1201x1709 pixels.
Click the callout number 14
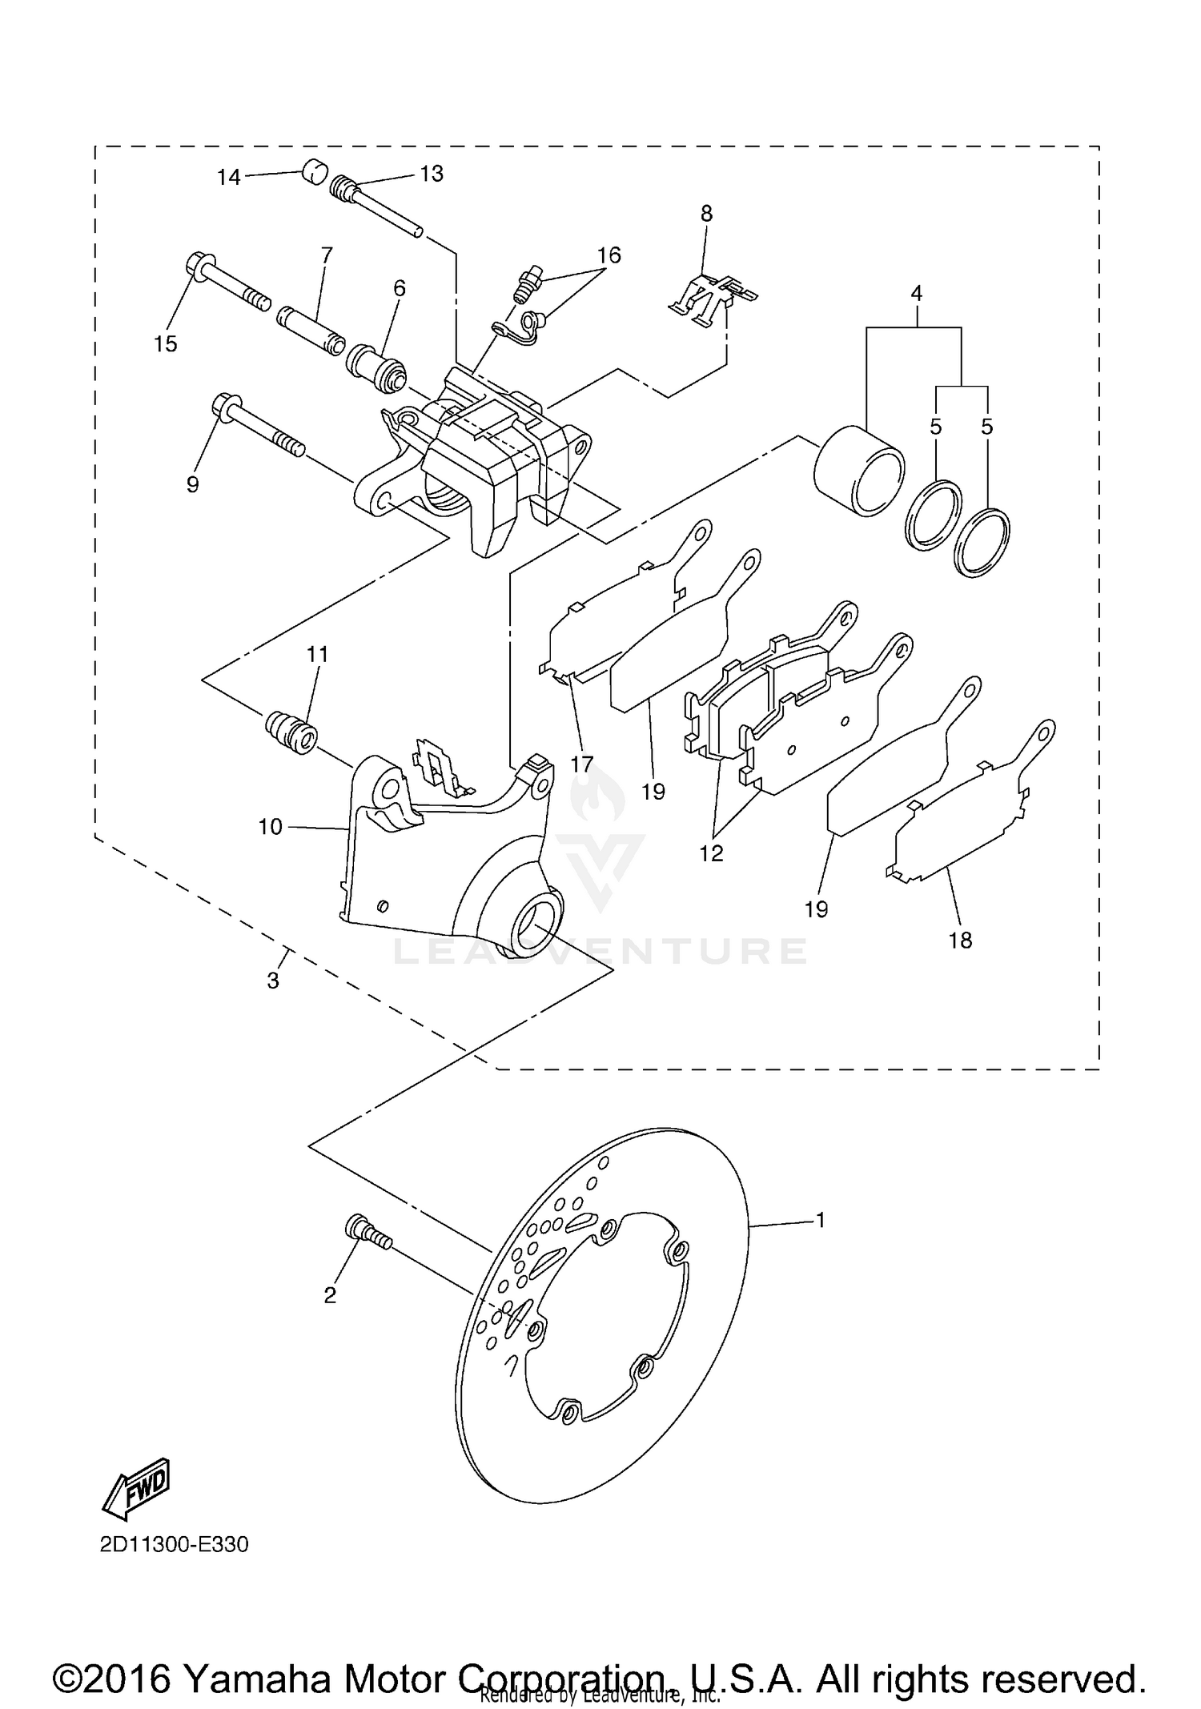click(229, 177)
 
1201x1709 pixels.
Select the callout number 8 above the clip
click(706, 214)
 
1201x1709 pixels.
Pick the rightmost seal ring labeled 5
click(982, 541)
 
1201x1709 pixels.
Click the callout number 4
click(917, 294)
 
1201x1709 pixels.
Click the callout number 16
click(609, 255)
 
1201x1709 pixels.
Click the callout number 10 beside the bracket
click(271, 827)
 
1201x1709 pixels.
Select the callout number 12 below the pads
click(711, 853)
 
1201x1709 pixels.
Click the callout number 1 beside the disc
click(820, 1221)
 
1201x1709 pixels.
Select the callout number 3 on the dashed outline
click(273, 980)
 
